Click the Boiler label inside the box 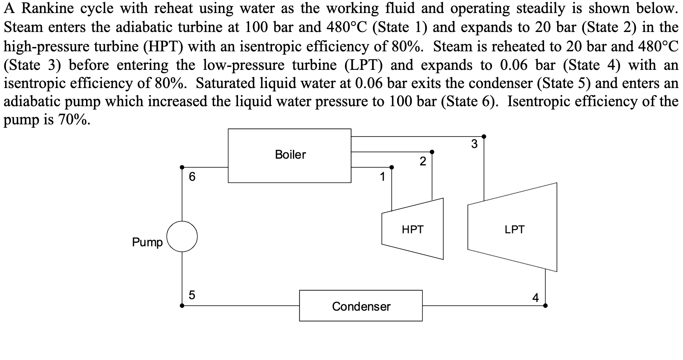(x=290, y=154)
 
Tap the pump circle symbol (x=182, y=236)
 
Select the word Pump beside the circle (x=147, y=242)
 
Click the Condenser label (x=361, y=306)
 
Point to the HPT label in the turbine (x=413, y=229)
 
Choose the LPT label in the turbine (x=514, y=229)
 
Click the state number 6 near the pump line (x=192, y=176)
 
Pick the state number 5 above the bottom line (x=192, y=295)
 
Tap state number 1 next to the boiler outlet (x=382, y=177)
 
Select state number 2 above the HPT (x=423, y=161)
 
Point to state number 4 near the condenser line (x=535, y=297)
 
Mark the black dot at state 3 (x=484, y=137)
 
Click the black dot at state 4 (x=545, y=306)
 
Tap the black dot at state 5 (x=182, y=306)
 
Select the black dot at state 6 (x=182, y=167)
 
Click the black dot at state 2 (x=432, y=152)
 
